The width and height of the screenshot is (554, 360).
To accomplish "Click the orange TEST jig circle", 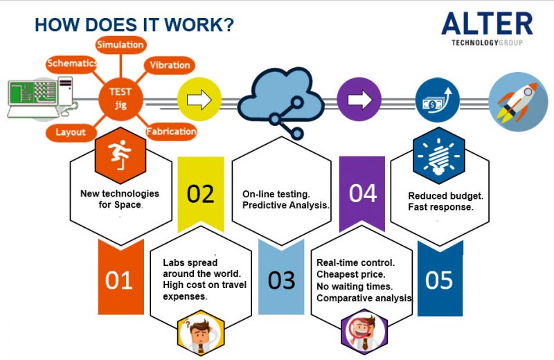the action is pos(120,98).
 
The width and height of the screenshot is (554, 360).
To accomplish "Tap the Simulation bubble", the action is pos(120,45).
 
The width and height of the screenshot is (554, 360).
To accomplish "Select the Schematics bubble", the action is pos(72,64).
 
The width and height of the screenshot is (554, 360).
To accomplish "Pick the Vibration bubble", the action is pos(170,65).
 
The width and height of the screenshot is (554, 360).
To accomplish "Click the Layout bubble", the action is pos(71,132).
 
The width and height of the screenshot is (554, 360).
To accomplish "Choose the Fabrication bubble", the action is pos(171,132).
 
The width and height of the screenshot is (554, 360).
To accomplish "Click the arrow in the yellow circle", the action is pos(199,100).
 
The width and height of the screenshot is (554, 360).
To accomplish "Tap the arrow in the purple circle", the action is pos(359,100).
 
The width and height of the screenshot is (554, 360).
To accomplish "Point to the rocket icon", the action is pos(518,101).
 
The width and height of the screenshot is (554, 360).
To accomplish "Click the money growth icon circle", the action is pos(438,100).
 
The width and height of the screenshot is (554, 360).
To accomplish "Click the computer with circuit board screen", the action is pos(42,98).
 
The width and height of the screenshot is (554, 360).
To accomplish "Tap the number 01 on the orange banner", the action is pos(118,281).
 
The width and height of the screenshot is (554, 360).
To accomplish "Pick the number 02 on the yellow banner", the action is pos(201,194).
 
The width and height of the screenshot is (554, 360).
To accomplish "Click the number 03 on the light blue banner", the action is pos(281,280).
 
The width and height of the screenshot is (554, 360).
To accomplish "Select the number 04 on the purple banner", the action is pos(363,194).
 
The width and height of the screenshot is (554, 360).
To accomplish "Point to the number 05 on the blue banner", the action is pos(439,280).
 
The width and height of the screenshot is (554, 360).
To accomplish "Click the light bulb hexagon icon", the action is pos(439,156).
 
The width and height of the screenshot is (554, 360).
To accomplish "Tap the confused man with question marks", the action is pos(201,333).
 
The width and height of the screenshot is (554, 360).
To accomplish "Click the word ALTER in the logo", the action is pos(488,24).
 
